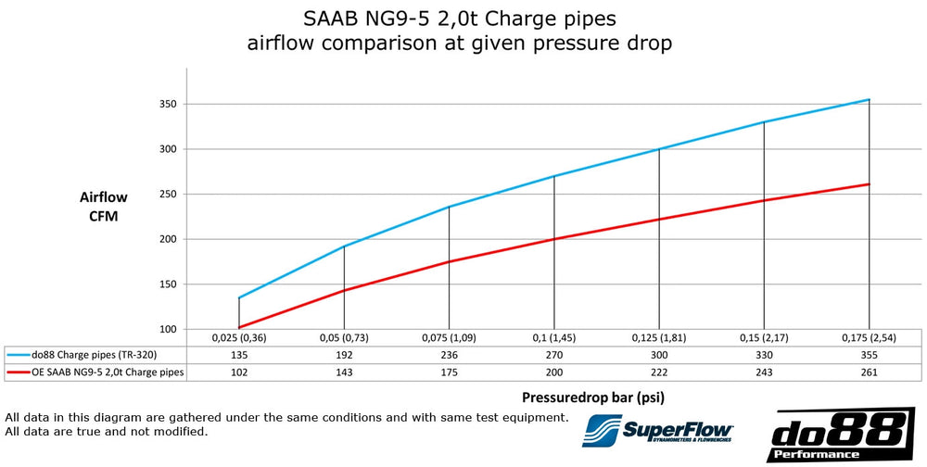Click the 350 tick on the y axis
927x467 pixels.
169,104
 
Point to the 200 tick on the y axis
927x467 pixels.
169,239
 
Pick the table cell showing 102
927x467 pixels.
239,371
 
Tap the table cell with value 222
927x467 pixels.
659,371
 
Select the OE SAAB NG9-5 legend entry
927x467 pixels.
94,371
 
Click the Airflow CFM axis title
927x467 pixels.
103,207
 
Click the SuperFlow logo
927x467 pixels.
658,432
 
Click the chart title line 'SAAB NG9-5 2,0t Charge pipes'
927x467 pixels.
458,19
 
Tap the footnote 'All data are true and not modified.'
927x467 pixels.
107,432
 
